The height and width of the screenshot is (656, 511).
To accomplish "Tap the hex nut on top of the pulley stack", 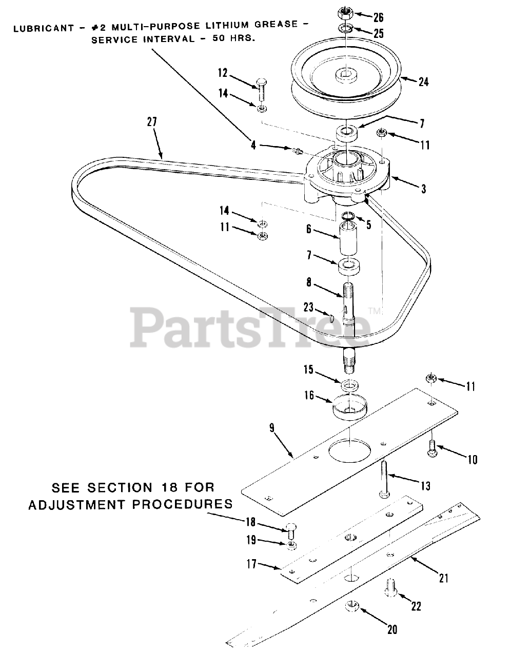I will (345, 12).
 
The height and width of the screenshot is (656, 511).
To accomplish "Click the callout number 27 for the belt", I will (152, 122).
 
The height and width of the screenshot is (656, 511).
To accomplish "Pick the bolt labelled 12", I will (260, 90).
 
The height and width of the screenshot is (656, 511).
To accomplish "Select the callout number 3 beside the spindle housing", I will (423, 189).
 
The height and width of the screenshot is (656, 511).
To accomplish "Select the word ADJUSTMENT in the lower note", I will (77, 505).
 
